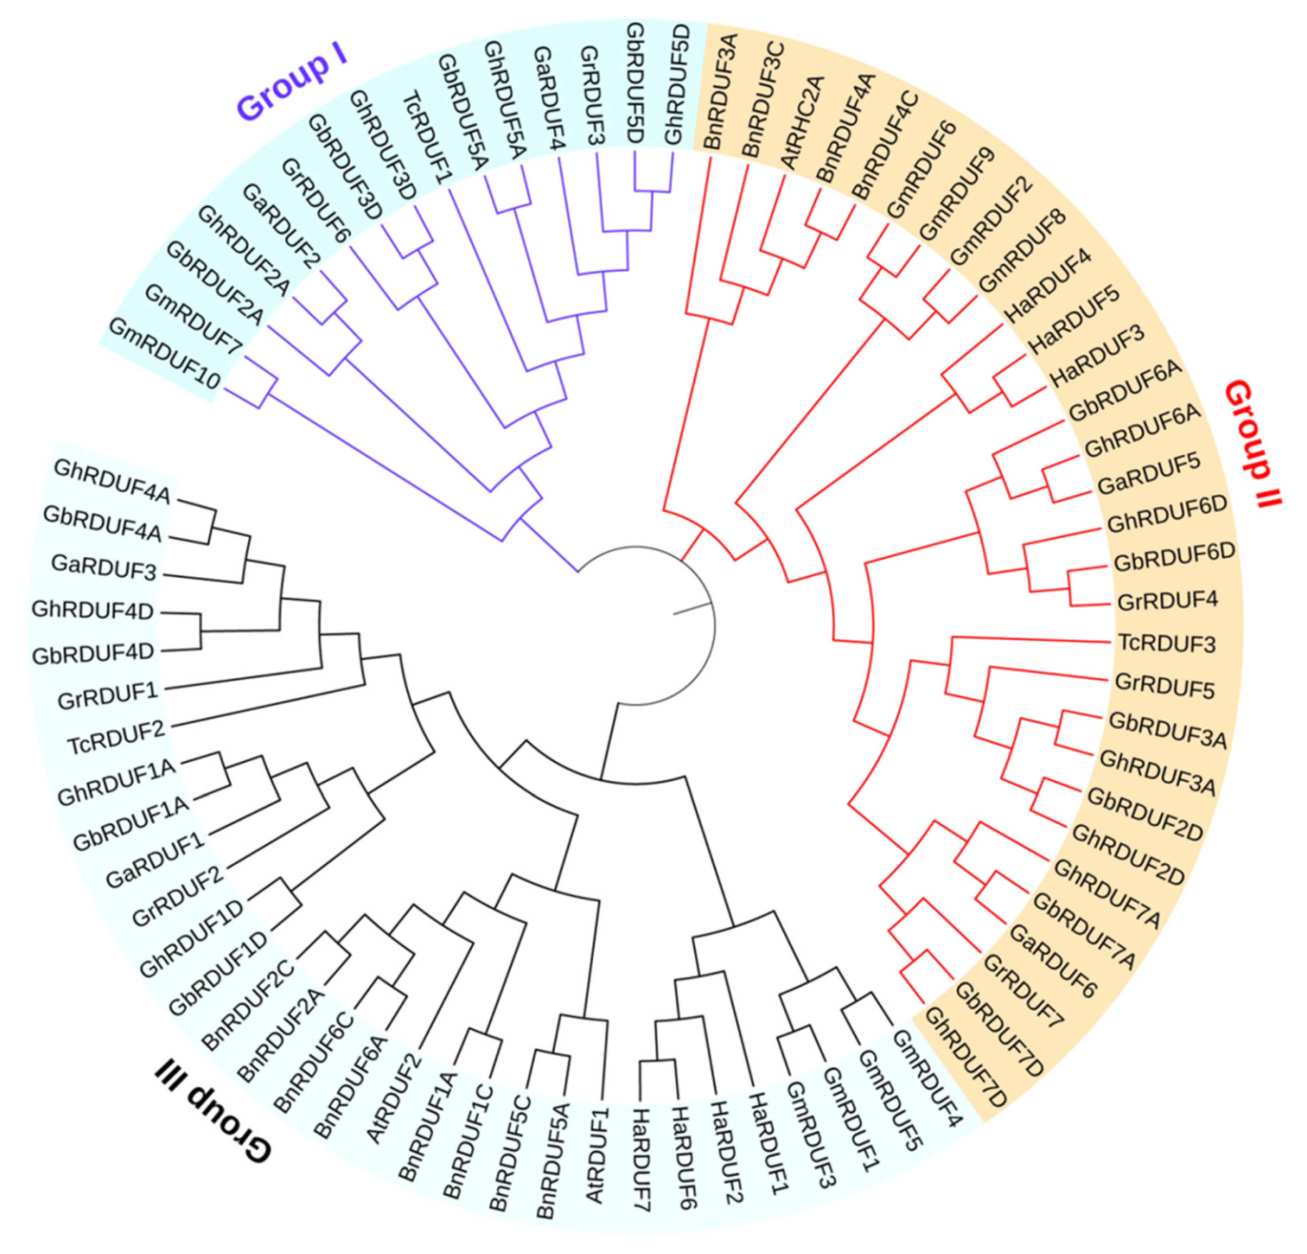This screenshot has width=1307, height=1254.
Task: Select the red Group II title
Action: point(1253,443)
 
